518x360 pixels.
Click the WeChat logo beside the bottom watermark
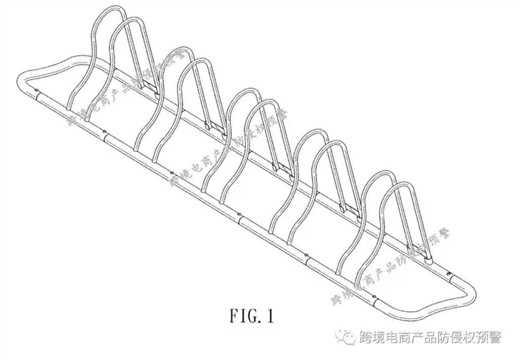[x=340, y=338]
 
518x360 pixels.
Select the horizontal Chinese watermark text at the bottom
[x=429, y=338]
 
